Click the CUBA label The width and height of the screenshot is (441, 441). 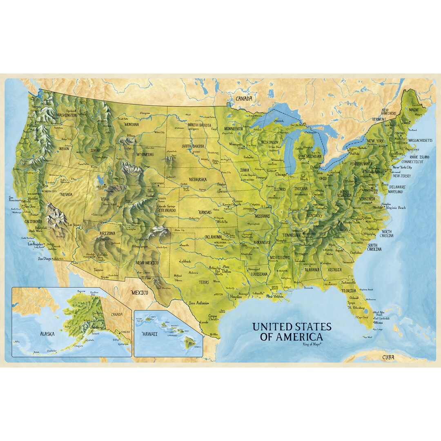[388, 357]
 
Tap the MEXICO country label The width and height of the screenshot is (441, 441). [139, 292]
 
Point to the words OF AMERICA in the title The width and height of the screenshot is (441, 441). [292, 337]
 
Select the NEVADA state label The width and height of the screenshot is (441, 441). [66, 195]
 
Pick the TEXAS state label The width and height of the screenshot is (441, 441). [204, 282]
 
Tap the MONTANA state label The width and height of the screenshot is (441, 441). [131, 124]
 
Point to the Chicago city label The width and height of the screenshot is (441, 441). [281, 174]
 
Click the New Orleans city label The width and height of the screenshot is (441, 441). [275, 296]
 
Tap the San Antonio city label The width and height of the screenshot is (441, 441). [198, 303]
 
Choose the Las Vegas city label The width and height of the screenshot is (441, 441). [73, 225]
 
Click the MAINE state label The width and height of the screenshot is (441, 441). [414, 109]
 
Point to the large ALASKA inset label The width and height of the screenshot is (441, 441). [47, 334]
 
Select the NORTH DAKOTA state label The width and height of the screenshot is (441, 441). [199, 125]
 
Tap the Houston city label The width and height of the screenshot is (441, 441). [236, 297]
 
